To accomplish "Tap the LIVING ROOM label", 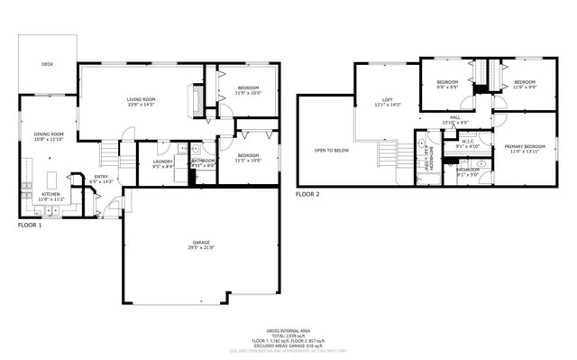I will pyautogui.click(x=142, y=99).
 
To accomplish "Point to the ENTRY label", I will pyautogui.click(x=101, y=177).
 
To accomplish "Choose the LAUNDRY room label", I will pyautogui.click(x=163, y=161).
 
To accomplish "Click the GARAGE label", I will pyautogui.click(x=200, y=243).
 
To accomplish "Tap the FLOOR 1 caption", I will pyautogui.click(x=30, y=225).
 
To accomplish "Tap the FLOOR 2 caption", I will pyautogui.click(x=308, y=193).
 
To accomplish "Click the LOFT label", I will pyautogui.click(x=388, y=100).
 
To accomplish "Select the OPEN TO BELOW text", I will pyautogui.click(x=331, y=151).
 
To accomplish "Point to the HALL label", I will pyautogui.click(x=455, y=117).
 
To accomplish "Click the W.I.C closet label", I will pyautogui.click(x=467, y=140).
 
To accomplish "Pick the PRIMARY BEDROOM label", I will pyautogui.click(x=525, y=146).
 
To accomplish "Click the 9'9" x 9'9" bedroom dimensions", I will pyautogui.click(x=448, y=88).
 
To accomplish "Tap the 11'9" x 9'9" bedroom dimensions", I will pyautogui.click(x=525, y=88).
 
